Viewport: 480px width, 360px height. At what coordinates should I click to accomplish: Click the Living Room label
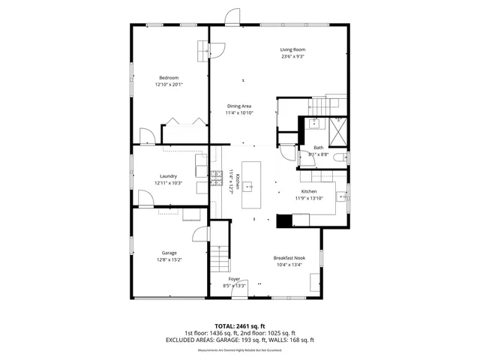(x=293, y=49)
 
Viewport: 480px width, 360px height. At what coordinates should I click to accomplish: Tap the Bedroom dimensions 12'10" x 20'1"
(x=169, y=84)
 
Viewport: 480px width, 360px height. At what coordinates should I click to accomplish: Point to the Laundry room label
(x=168, y=176)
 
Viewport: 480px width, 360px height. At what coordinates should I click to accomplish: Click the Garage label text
(x=169, y=253)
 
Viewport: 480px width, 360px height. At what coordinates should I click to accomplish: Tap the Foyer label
(x=234, y=279)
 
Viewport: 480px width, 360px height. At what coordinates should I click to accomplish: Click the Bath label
(x=318, y=148)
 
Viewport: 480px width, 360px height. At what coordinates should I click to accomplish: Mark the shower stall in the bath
(x=338, y=130)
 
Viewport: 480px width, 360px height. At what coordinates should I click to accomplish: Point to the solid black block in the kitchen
(x=283, y=220)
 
